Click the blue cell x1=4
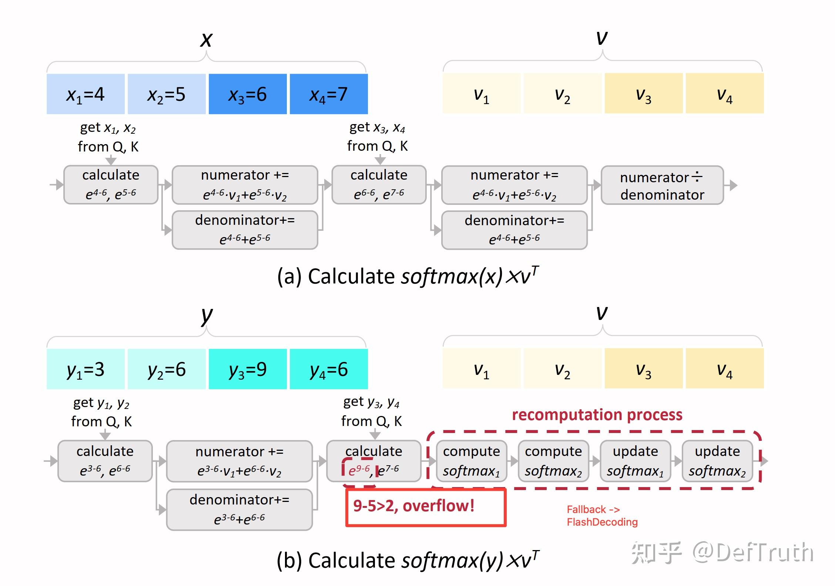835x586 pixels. [x=85, y=94]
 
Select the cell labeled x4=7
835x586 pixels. [x=329, y=94]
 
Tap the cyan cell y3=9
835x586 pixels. [x=248, y=369]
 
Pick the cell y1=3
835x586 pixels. [x=85, y=369]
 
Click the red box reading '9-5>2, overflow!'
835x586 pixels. [x=426, y=507]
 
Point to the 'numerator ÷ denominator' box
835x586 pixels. [x=662, y=185]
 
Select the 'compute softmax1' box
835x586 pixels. [x=472, y=461]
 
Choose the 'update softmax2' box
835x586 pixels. [x=717, y=461]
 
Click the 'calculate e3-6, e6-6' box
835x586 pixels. [x=105, y=461]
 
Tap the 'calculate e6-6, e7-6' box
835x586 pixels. [x=379, y=184]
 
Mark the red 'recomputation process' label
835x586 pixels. [x=597, y=414]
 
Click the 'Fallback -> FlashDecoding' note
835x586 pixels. [x=602, y=516]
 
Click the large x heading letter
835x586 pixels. [x=206, y=39]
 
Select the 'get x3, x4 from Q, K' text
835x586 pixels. [x=377, y=137]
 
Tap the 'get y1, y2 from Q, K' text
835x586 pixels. [x=101, y=412]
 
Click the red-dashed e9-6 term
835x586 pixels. [x=359, y=470]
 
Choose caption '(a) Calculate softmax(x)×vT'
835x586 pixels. [x=408, y=276]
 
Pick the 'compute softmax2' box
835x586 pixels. [x=553, y=461]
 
